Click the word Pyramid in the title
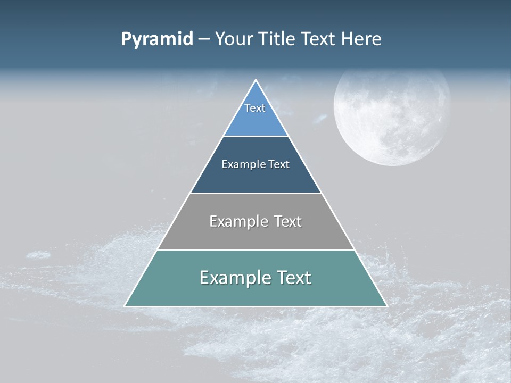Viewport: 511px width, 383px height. pyautogui.click(x=157, y=39)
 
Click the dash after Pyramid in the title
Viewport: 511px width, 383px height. pyautogui.click(x=204, y=39)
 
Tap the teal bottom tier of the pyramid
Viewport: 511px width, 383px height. pyautogui.click(x=256, y=293)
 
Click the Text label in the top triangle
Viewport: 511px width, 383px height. pyautogui.click(x=255, y=108)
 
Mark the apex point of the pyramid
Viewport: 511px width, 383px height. pyautogui.click(x=256, y=80)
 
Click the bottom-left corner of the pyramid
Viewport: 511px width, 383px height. pyautogui.click(x=125, y=306)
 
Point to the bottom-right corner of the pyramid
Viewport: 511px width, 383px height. pyautogui.click(x=386, y=306)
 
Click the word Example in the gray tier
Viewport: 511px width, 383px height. pyautogui.click(x=238, y=221)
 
